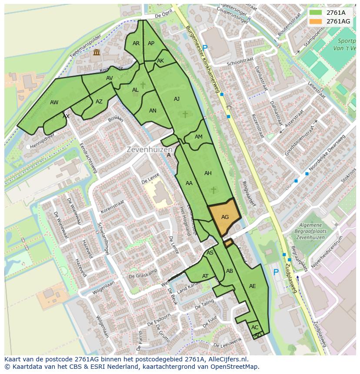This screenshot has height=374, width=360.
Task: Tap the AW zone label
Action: [x=54, y=103]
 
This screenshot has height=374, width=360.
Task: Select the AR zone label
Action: [x=136, y=43]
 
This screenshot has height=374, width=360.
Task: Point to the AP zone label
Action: [x=151, y=43]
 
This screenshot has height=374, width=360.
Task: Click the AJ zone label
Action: [x=177, y=99]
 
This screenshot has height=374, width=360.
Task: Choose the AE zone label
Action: [x=253, y=286]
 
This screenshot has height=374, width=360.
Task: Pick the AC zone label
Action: [x=255, y=328]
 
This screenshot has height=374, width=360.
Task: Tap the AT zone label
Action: [x=205, y=276]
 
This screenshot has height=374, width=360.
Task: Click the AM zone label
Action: [x=198, y=137]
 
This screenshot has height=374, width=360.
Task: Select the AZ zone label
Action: [x=99, y=102]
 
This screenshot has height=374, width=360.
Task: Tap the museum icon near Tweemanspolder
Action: [x=96, y=53]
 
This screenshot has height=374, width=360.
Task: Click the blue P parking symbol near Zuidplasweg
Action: [x=276, y=272]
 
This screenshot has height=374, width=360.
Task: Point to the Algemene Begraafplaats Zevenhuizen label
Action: [x=311, y=232]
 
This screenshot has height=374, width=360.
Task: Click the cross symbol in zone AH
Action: [x=213, y=190]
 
